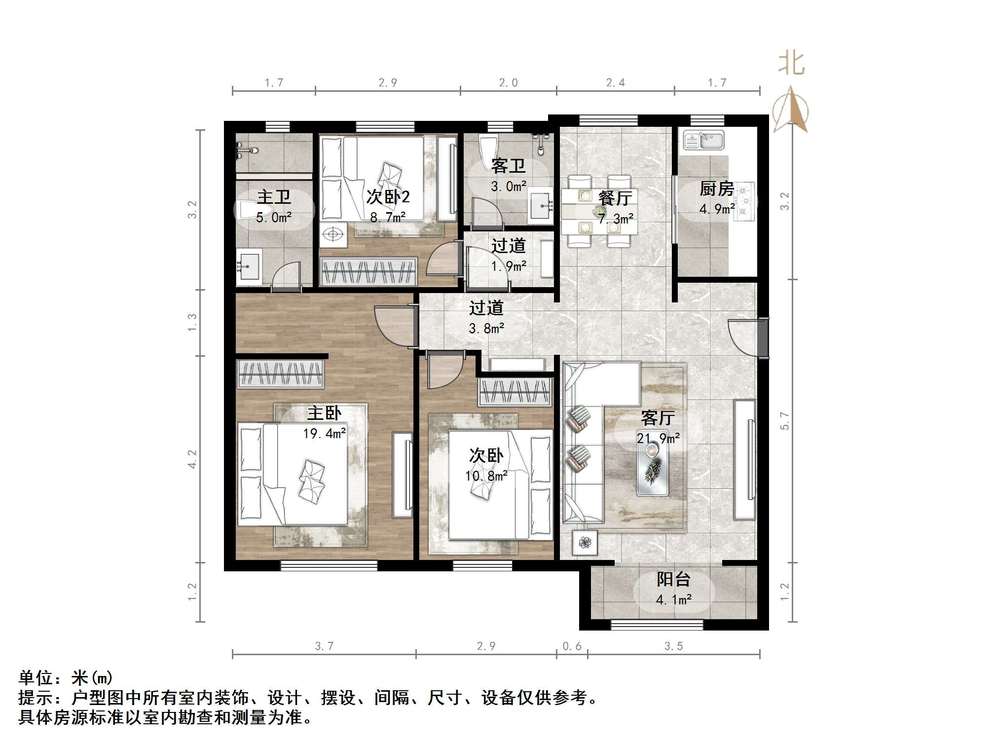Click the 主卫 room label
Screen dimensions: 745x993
pyautogui.click(x=274, y=197)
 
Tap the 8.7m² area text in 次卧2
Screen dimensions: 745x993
pyautogui.click(x=388, y=217)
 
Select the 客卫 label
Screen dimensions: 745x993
pyautogui.click(x=508, y=166)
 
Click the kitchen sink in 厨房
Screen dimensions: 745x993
pyautogui.click(x=703, y=140)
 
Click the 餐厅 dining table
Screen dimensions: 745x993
pyautogui.click(x=599, y=211)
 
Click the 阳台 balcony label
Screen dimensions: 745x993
pyautogui.click(x=673, y=579)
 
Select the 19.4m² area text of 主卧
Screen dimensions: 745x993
pyautogui.click(x=324, y=434)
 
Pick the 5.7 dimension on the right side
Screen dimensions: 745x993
pyautogui.click(x=785, y=421)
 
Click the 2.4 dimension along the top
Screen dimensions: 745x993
pyautogui.click(x=615, y=83)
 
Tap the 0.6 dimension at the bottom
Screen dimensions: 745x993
pyautogui.click(x=572, y=646)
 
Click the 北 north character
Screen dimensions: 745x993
pyautogui.click(x=791, y=64)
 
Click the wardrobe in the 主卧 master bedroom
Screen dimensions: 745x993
pyautogui.click(x=280, y=374)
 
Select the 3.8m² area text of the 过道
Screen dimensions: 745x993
pyautogui.click(x=486, y=329)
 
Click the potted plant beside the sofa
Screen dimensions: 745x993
pyautogui.click(x=585, y=543)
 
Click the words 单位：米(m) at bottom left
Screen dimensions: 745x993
pyautogui.click(x=66, y=678)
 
